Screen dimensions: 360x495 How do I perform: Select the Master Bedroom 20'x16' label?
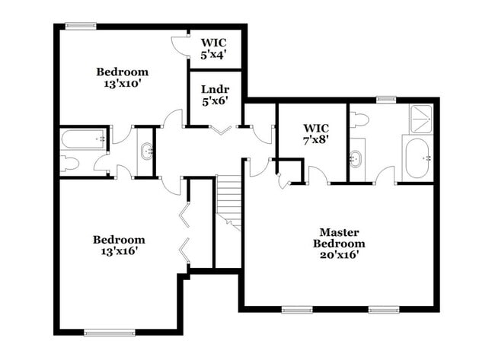coord(339,244)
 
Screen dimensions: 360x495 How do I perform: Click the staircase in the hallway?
coord(228,201)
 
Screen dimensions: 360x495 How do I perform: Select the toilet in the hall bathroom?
coord(70,162)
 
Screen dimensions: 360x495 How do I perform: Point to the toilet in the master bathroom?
coord(360,119)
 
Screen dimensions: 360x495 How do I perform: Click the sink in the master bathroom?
coord(356,160)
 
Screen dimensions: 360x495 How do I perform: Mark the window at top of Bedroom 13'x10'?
coord(81,26)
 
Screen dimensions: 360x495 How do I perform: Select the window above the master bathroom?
coord(386,99)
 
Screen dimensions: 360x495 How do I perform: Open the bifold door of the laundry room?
coord(221,131)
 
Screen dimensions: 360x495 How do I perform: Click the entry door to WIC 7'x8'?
coord(318,177)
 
